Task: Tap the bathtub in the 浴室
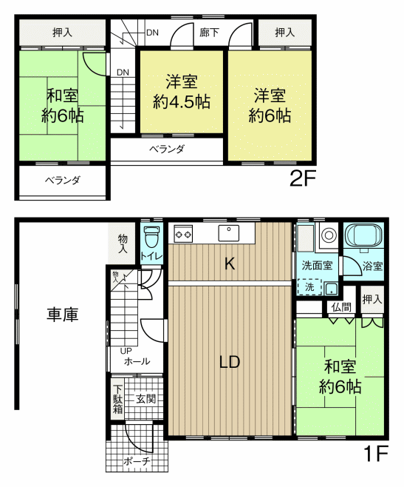pos(363,235)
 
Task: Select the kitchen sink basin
pos(228,233)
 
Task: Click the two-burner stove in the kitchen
pos(183,234)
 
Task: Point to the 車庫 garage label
pos(63,314)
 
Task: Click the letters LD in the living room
pos(230,362)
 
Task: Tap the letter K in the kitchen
pos(230,264)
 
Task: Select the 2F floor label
pos(302,178)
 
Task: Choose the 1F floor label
pos(376,454)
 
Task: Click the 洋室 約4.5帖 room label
pos(182,92)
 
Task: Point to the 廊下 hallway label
pos(209,33)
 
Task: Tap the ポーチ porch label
pos(137,461)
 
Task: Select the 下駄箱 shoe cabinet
pos(118,399)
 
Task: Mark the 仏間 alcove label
pos(341,307)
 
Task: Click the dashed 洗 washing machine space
pos(309,287)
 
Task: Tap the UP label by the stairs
pos(126,351)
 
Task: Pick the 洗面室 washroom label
pos(317,266)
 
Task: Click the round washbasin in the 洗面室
pos(329,235)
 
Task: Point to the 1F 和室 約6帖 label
pos(340,377)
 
